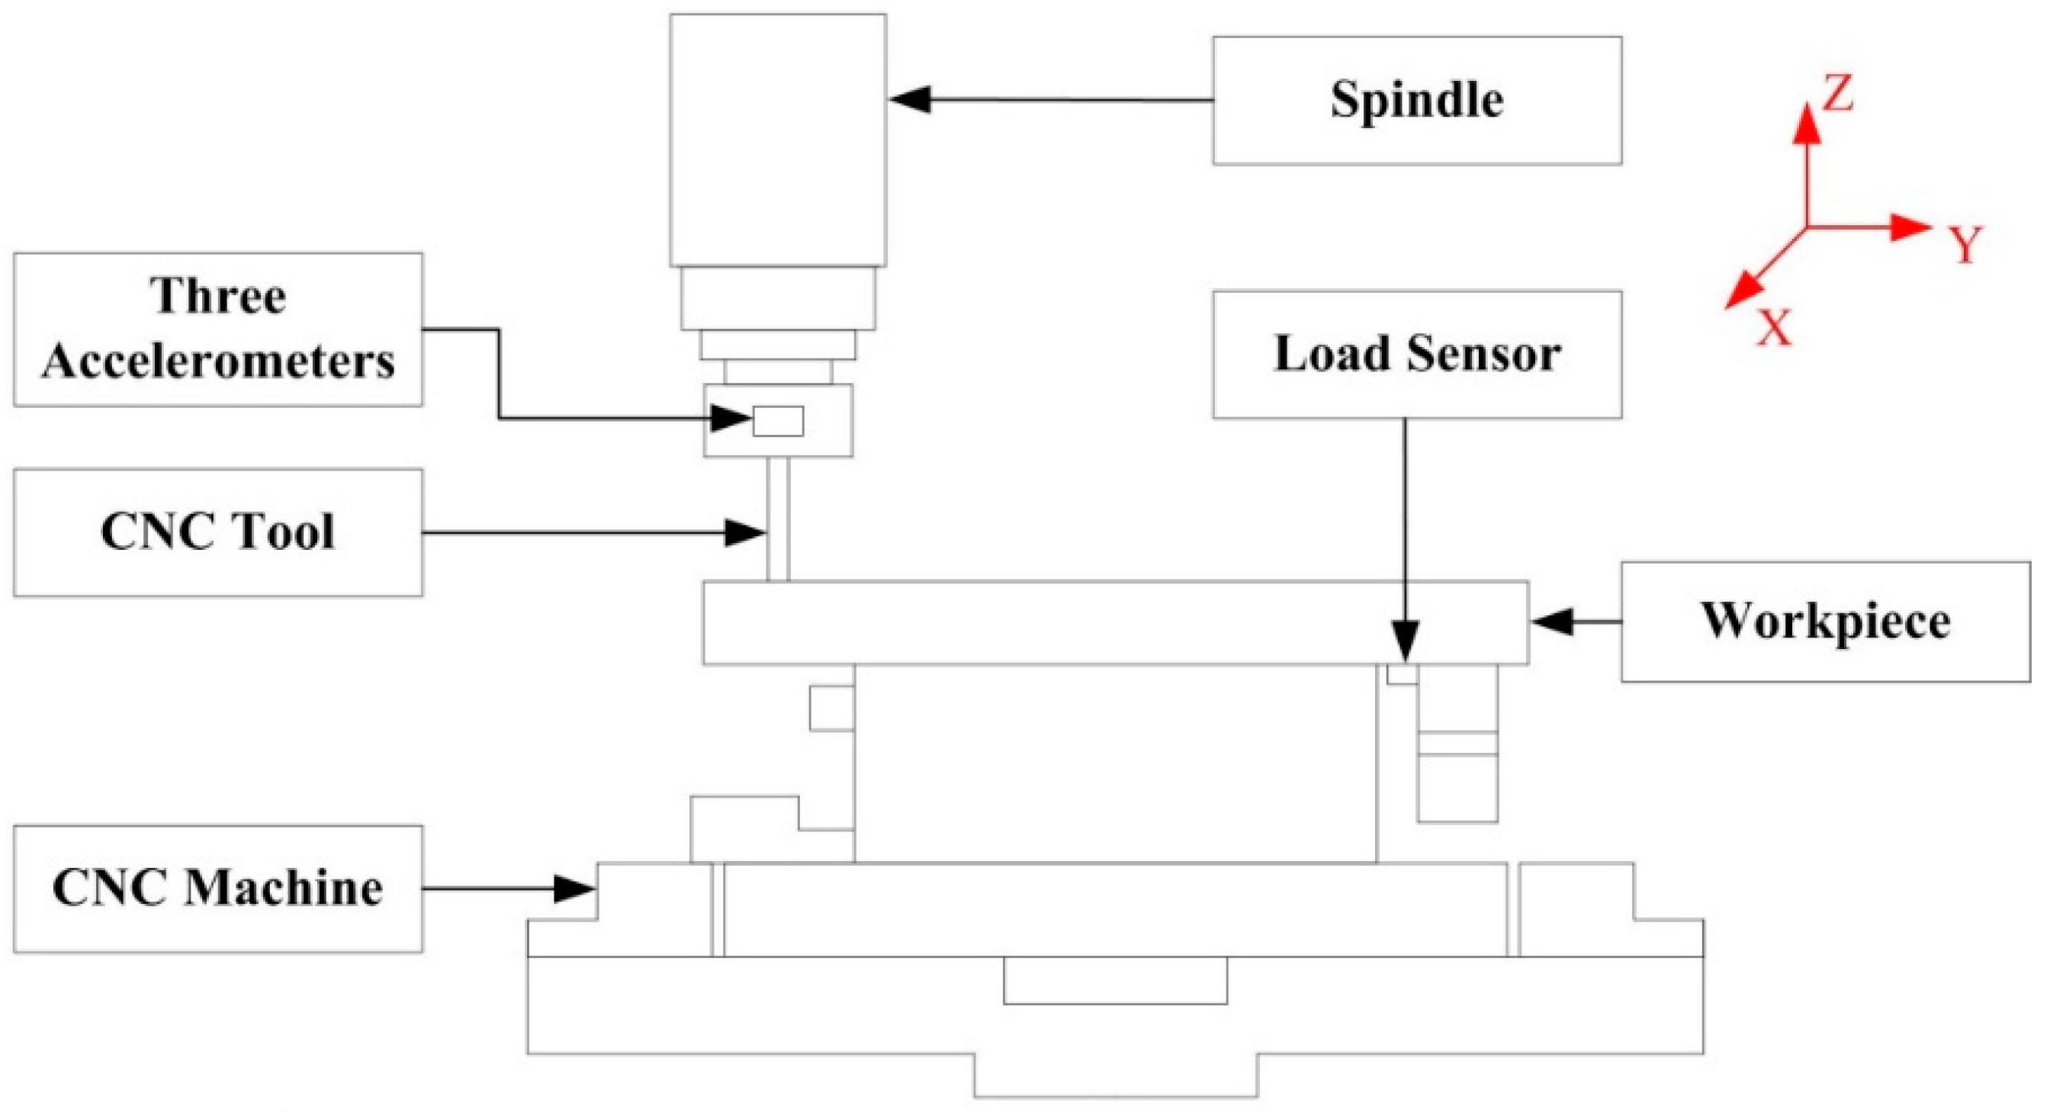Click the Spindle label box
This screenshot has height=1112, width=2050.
1416,101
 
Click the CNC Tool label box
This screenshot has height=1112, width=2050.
217,532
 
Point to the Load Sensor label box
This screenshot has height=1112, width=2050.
1416,354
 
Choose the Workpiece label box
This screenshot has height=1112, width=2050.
1825,622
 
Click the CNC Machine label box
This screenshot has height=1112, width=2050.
217,889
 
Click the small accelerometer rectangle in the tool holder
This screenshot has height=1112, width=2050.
777,421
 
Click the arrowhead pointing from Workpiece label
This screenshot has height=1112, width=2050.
1553,622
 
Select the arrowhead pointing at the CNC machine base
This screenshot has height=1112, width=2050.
574,889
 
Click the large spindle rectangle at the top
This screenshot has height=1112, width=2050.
777,140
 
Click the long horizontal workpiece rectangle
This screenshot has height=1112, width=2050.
1114,622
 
